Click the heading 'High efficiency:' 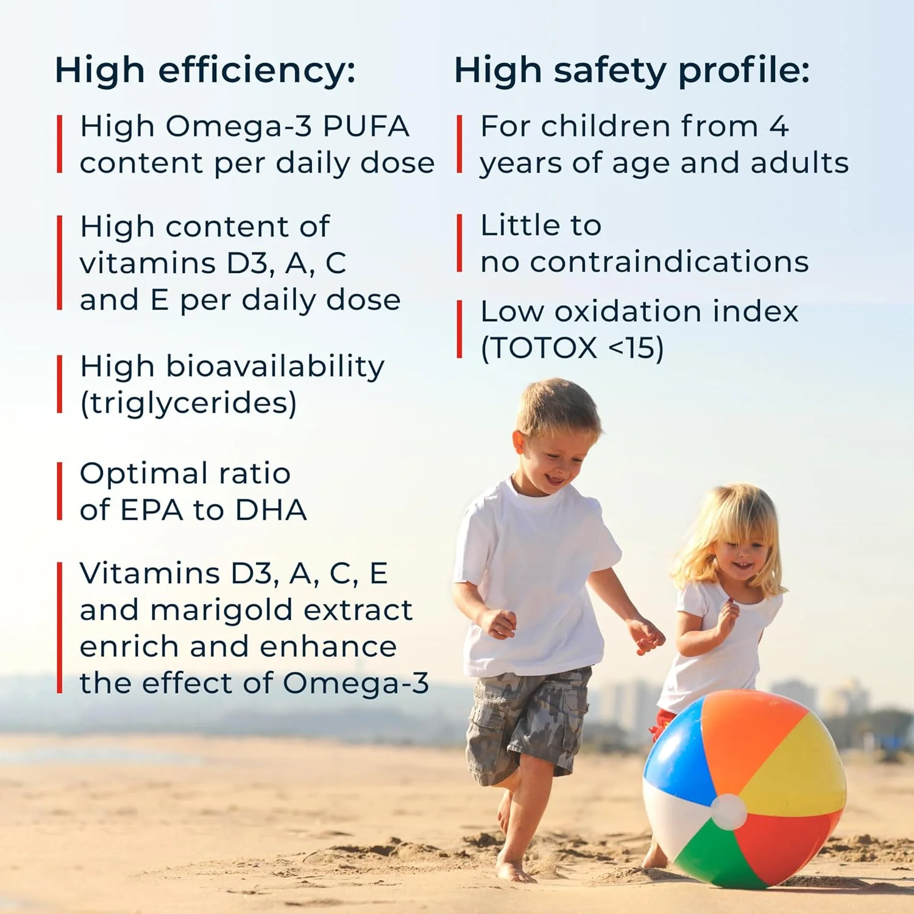tap(205, 71)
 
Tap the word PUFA tap(366, 127)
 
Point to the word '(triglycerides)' tap(188, 404)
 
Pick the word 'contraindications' tap(669, 262)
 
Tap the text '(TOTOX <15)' tap(572, 349)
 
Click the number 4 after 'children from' tap(779, 127)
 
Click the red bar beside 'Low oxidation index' tap(460, 329)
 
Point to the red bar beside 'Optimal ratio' tap(60, 491)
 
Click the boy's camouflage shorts tap(528, 722)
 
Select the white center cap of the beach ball tap(729, 812)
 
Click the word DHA tap(271, 511)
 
